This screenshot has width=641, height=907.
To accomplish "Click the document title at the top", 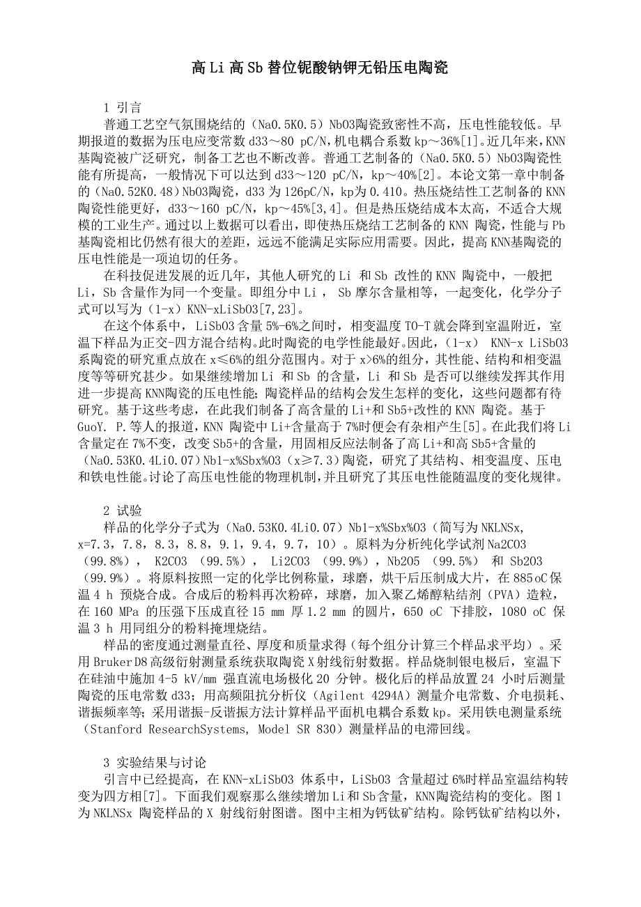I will (x=320, y=68).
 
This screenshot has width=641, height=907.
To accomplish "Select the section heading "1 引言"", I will (x=122, y=108).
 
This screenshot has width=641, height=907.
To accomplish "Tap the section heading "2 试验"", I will (x=122, y=511).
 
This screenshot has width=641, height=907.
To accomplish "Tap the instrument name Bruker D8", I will (x=132, y=661).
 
